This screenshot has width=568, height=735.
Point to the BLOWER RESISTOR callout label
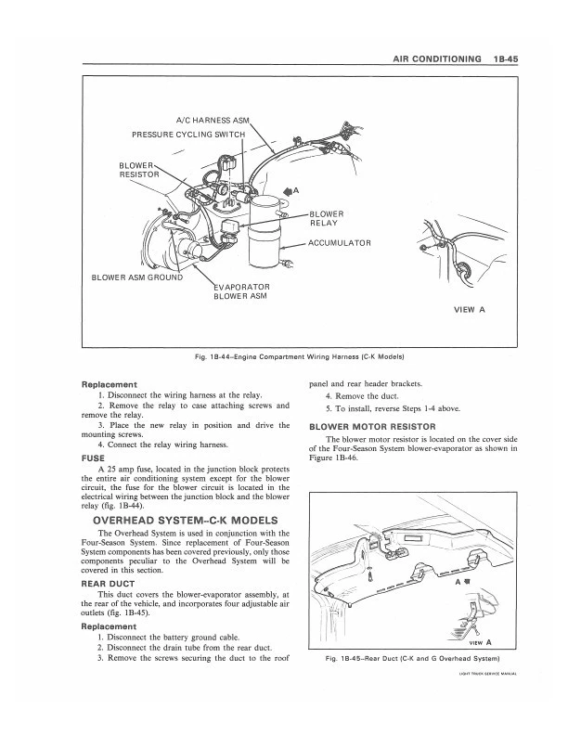coord(139,170)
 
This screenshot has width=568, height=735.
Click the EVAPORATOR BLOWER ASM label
coord(241,291)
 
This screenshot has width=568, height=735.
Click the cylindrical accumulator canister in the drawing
coord(269,232)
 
